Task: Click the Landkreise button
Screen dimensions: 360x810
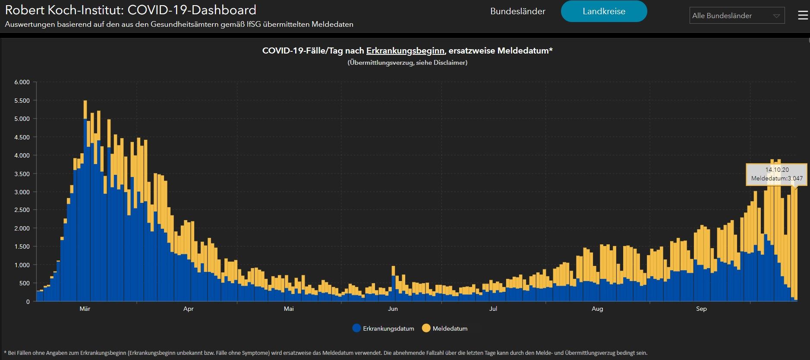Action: coord(604,11)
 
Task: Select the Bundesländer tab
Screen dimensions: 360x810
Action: coord(517,11)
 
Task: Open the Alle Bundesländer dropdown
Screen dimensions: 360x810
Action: coord(737,16)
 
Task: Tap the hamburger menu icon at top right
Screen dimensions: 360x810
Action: coord(803,16)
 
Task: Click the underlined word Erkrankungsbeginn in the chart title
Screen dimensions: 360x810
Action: coord(405,51)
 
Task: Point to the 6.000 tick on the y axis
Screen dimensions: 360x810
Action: coord(22,82)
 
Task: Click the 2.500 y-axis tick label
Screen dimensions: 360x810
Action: coord(22,210)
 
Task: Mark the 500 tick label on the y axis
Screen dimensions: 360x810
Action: coord(25,283)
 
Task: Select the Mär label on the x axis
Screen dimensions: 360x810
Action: coord(85,309)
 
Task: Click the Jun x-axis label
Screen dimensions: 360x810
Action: coord(393,309)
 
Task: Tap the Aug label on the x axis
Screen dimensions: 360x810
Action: coord(597,309)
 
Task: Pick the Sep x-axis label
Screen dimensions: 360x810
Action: coord(701,309)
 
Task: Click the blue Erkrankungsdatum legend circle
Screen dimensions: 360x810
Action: coord(356,328)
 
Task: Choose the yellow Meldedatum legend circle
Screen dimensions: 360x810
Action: coord(426,328)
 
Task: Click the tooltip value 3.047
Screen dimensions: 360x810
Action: coord(795,178)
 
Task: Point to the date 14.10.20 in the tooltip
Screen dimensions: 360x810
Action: coord(777,170)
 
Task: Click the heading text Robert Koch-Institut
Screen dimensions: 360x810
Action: coord(64,9)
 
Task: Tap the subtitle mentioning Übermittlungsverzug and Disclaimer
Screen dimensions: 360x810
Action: coord(407,63)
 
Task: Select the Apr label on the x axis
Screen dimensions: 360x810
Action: coord(189,309)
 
